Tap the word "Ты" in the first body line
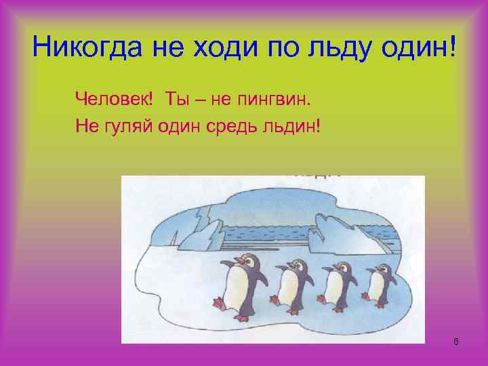coord(176,100)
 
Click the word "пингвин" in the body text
coord(274,101)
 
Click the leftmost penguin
coord(237,285)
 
